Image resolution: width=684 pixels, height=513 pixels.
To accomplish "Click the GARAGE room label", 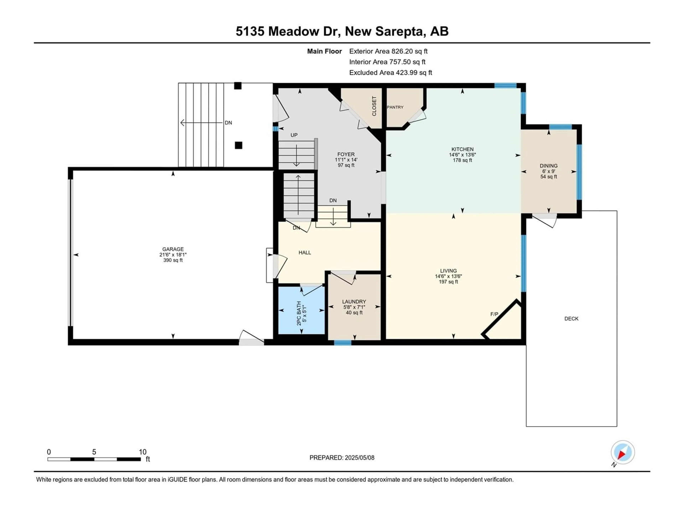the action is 173,249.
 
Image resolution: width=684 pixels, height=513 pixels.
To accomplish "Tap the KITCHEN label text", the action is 462,149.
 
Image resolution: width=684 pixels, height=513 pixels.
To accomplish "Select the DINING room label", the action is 549,166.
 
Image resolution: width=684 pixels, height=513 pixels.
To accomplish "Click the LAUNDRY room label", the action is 354,302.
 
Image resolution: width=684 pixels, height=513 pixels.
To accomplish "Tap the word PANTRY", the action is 395,107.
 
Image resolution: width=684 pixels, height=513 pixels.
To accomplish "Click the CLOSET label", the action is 374,106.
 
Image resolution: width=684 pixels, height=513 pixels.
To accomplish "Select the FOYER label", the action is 346,154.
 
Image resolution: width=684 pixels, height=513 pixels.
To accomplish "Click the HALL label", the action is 305,253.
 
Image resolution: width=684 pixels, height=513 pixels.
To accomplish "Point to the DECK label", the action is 571,318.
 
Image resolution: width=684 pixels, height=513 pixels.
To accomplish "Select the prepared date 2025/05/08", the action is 359,458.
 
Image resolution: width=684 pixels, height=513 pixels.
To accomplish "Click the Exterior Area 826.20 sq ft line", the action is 388,51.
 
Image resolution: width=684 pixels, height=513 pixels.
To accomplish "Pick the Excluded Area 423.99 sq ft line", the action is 391,73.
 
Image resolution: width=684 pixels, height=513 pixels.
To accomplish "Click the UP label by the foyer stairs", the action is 294,135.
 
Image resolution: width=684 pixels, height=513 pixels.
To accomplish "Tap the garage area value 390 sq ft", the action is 173,260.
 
